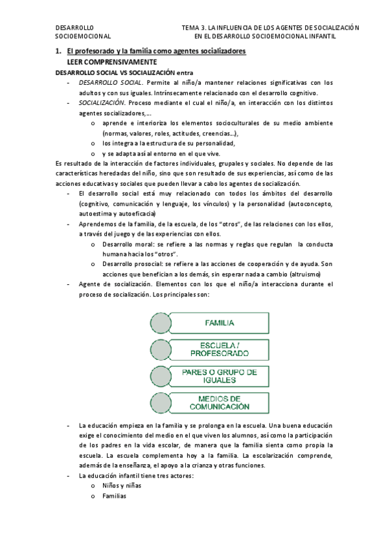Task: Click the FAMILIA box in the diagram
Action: pos(220,322)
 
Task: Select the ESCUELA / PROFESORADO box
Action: pos(220,349)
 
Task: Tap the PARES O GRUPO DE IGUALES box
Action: pos(220,376)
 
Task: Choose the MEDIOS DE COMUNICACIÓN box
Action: pos(220,402)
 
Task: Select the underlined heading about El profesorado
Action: pos(156,51)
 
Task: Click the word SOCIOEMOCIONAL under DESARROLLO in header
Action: pos(83,37)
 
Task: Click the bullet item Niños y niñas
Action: pos(122,486)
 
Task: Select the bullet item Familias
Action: pos(114,496)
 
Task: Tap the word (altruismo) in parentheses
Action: pos(317,274)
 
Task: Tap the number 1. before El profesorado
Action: pos(58,51)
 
